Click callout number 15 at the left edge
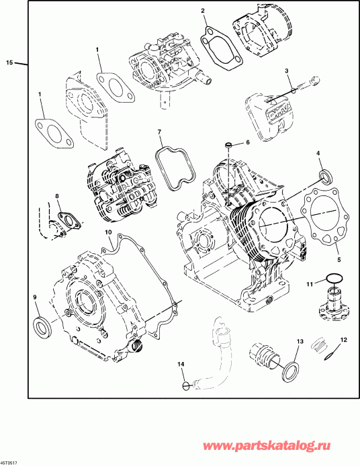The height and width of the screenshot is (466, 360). pyautogui.click(x=9, y=62)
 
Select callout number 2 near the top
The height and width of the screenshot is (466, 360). pyautogui.click(x=203, y=11)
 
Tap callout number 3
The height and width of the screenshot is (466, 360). pyautogui.click(x=286, y=71)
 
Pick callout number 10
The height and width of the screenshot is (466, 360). pyautogui.click(x=108, y=232)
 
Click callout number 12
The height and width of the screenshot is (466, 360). pyautogui.click(x=343, y=340)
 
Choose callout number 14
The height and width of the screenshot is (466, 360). pyautogui.click(x=180, y=364)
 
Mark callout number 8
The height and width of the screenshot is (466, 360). pyautogui.click(x=57, y=196)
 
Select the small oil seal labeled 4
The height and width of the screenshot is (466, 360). pyautogui.click(x=326, y=177)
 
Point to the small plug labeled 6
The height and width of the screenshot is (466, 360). pyautogui.click(x=229, y=144)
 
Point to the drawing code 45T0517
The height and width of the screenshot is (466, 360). pyautogui.click(x=9, y=462)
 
